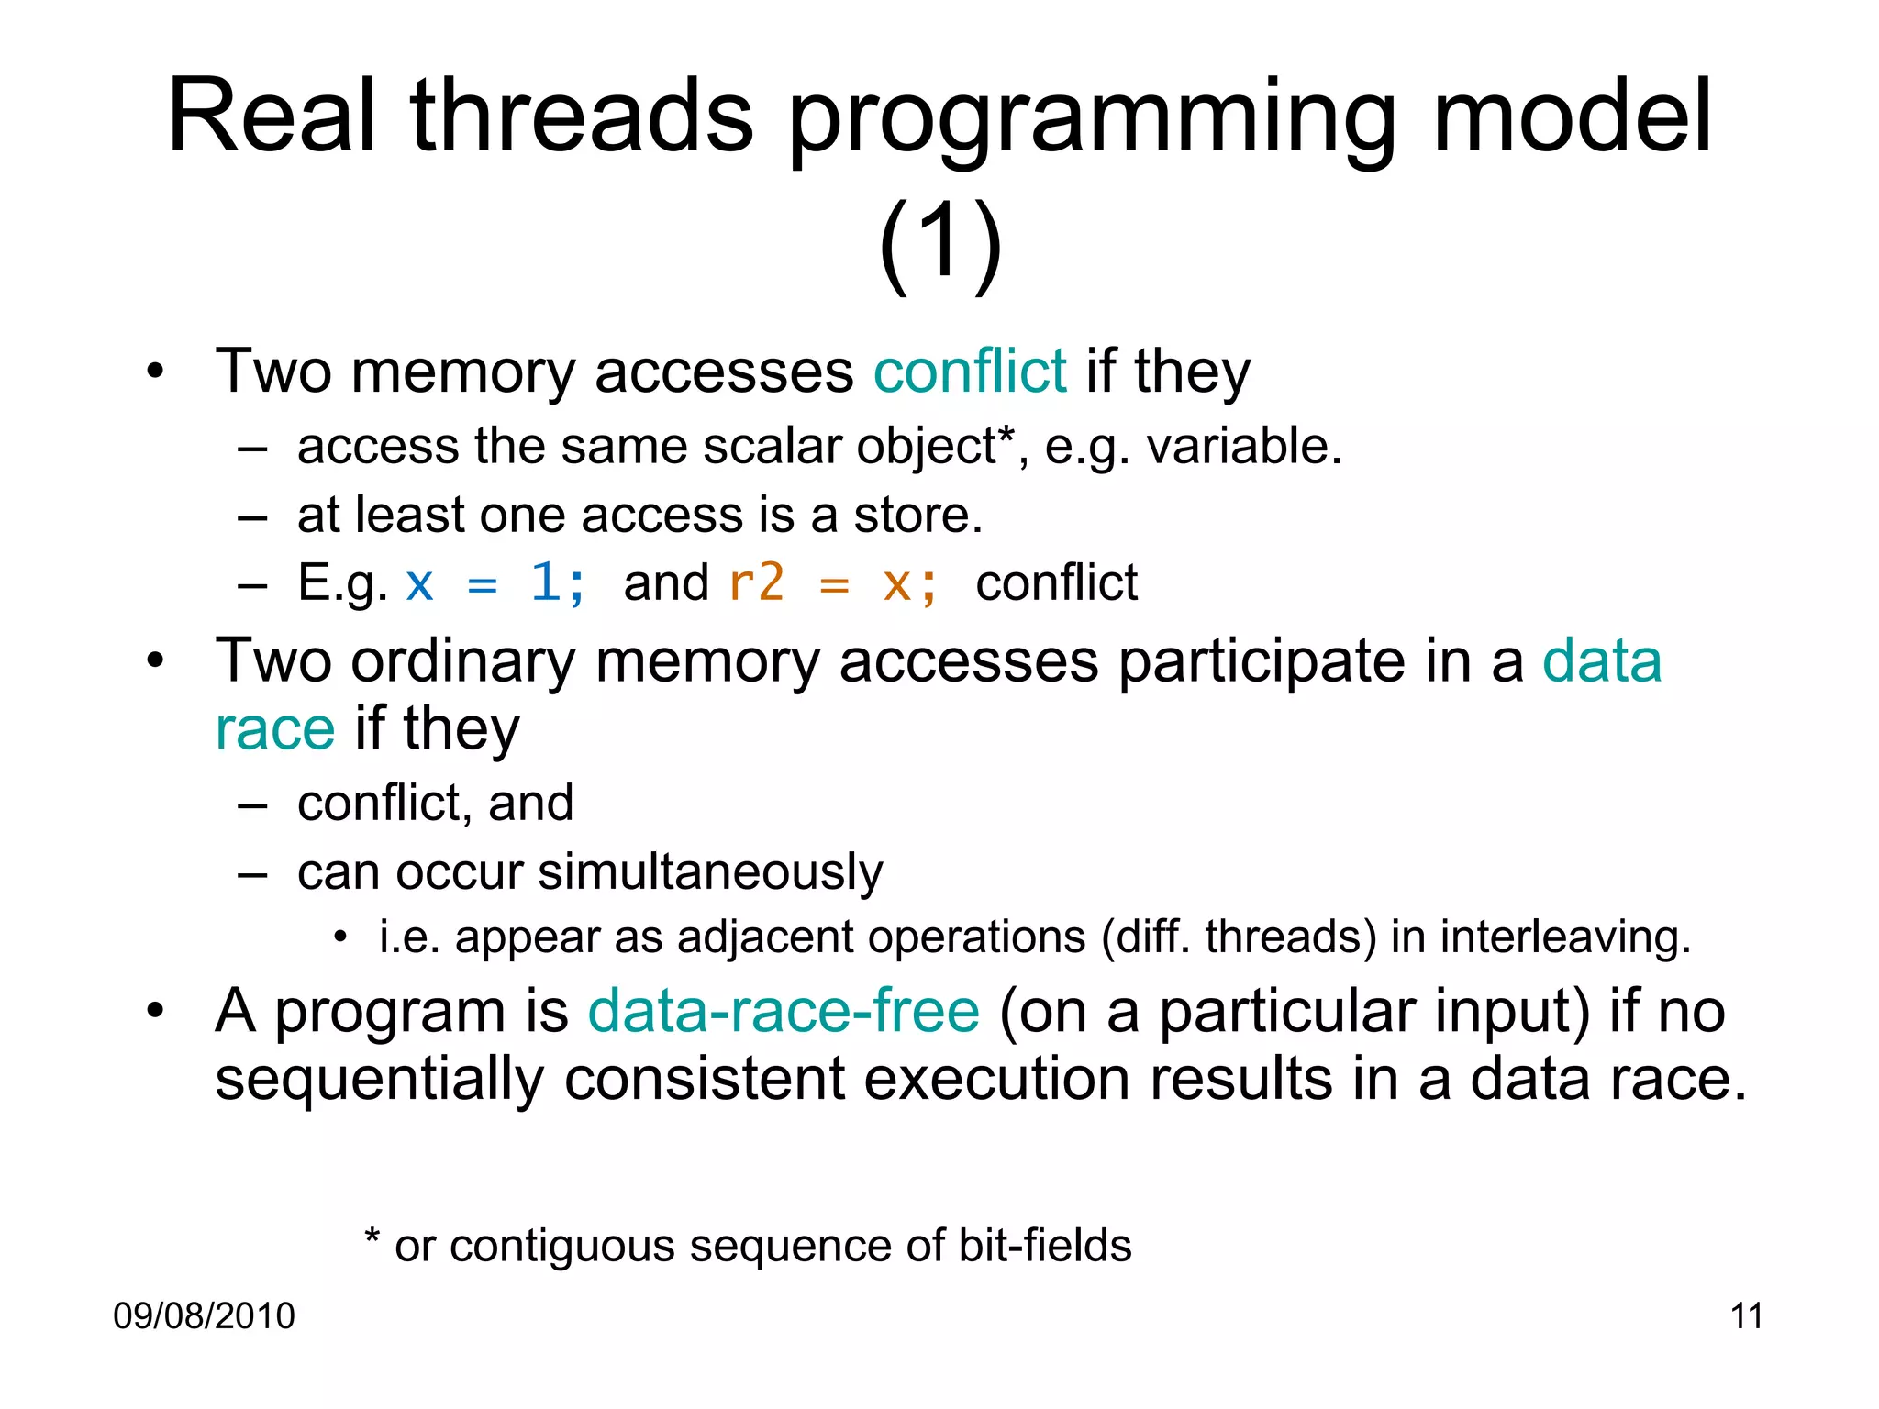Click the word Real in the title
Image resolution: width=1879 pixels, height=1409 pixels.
pos(272,117)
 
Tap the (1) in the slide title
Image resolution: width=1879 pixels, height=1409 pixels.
pos(939,246)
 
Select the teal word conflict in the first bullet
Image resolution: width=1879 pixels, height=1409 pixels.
pos(970,372)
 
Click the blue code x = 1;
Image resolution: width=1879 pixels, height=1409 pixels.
pos(495,583)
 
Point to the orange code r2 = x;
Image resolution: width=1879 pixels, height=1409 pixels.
pos(832,583)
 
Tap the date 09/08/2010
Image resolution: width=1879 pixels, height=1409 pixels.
pos(204,1316)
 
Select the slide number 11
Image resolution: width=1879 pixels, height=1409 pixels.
pos(1746,1316)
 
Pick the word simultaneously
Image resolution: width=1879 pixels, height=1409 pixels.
pos(710,872)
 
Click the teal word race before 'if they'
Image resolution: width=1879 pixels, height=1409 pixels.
pos(275,730)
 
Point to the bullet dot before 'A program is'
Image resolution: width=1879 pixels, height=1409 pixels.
pos(155,1011)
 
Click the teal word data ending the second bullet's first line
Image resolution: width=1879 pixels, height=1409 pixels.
pos(1602,661)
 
